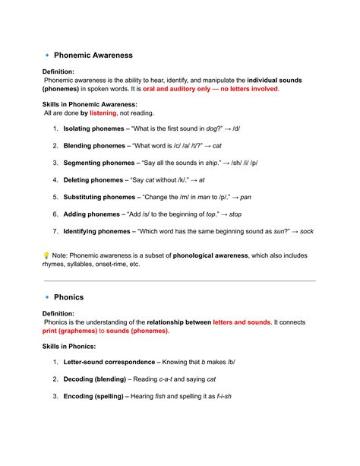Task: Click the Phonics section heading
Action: click(69, 297)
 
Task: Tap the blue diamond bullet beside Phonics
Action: click(47, 297)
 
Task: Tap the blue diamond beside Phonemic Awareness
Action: click(47, 55)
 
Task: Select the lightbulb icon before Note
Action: click(46, 255)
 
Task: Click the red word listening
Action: click(103, 113)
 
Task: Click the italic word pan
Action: click(245, 197)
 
